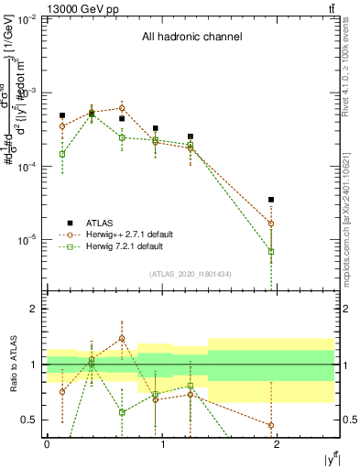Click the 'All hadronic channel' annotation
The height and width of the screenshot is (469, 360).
[191, 38]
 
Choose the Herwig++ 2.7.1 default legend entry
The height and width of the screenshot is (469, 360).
[128, 234]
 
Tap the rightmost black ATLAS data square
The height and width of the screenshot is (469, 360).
[271, 200]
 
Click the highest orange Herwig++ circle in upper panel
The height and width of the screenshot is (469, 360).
[122, 108]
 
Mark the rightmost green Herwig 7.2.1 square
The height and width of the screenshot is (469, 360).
[271, 251]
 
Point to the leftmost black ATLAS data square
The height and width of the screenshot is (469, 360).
[62, 116]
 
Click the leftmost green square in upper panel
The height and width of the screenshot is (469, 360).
[62, 154]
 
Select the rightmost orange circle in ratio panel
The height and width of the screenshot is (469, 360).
[271, 425]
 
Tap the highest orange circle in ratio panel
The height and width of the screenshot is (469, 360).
[122, 338]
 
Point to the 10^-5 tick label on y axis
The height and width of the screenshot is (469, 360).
[28, 240]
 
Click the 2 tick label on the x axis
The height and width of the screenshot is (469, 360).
[278, 443]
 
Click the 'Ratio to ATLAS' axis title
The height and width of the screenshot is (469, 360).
[13, 365]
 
